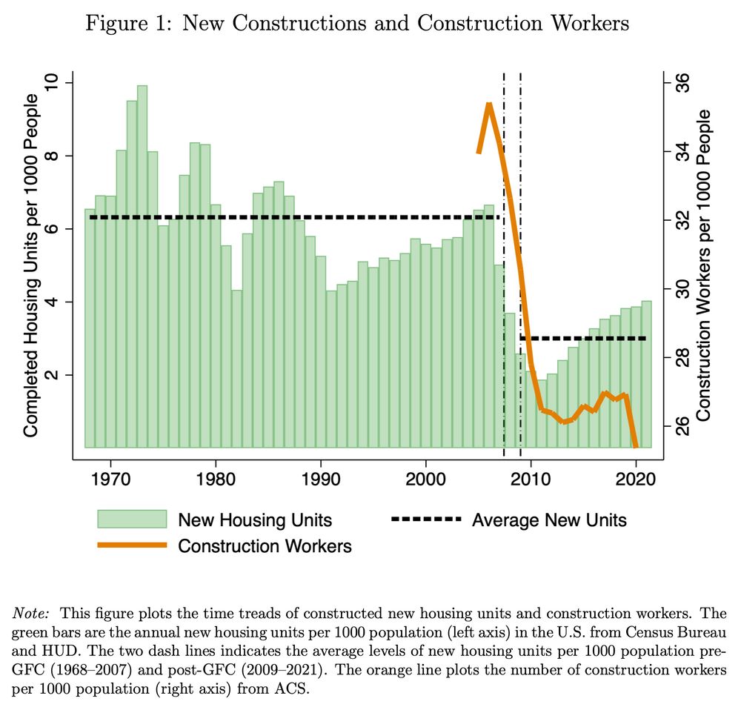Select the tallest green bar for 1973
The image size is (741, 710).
click(x=142, y=267)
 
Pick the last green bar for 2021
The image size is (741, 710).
click(x=645, y=374)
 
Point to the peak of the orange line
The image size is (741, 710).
click(x=489, y=104)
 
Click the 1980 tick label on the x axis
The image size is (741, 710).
click(x=216, y=474)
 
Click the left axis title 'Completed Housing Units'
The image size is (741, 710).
click(x=31, y=265)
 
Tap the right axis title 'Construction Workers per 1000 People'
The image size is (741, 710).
click(x=704, y=265)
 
